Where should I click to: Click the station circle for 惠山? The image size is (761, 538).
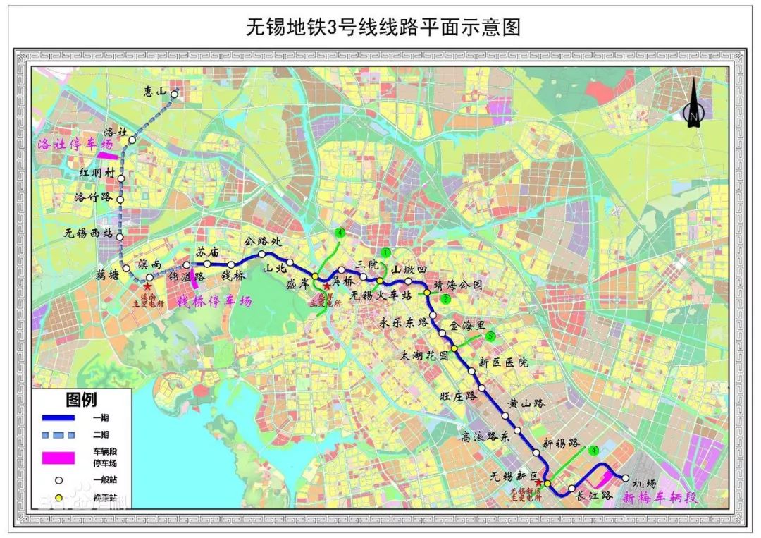click(x=174, y=93)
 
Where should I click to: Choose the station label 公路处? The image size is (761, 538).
click(x=262, y=242)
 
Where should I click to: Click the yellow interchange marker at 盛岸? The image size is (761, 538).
click(x=316, y=276)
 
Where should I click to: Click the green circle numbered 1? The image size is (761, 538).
click(x=385, y=252)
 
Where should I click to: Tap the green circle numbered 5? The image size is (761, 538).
click(x=490, y=336)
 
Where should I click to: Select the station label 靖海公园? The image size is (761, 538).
click(x=459, y=286)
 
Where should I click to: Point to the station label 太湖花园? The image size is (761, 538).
click(x=423, y=356)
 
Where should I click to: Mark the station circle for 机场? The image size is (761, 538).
click(x=625, y=477)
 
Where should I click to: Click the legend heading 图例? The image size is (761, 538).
click(x=81, y=401)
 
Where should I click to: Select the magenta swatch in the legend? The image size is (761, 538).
click(x=63, y=457)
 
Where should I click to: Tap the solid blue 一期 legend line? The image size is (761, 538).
click(x=63, y=419)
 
